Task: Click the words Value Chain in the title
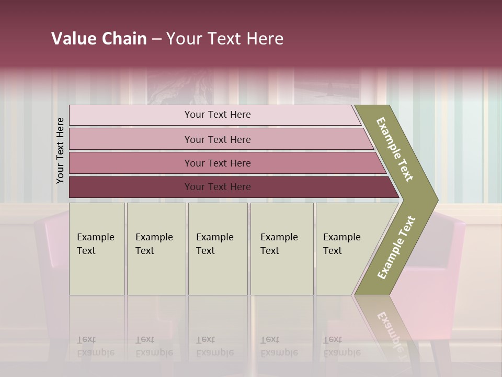point(99,39)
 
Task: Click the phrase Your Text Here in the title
point(225,39)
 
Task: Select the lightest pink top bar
point(131,115)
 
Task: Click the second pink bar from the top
point(131,139)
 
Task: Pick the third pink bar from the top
point(131,163)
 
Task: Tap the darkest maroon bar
point(131,187)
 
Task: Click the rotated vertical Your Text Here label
point(60,150)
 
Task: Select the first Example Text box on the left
point(97,249)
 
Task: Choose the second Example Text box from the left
point(156,249)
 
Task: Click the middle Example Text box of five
point(218,249)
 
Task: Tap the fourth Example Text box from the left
point(282,249)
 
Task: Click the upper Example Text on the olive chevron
point(395,149)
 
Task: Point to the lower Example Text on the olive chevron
point(396,248)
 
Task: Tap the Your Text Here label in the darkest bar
point(218,187)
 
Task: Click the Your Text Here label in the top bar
point(218,115)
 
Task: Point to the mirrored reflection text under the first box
point(95,346)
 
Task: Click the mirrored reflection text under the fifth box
point(341,346)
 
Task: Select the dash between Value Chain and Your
point(156,39)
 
